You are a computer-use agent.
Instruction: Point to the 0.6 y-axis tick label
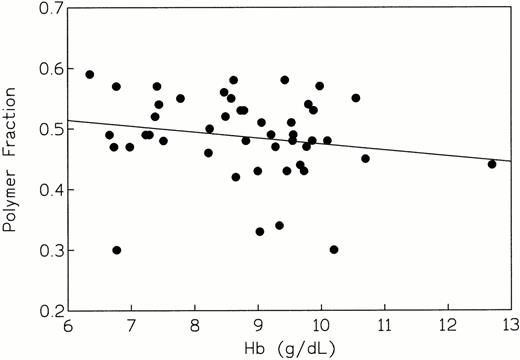[47, 69]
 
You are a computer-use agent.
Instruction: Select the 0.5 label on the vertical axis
[47, 129]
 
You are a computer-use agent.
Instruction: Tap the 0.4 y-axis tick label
[47, 190]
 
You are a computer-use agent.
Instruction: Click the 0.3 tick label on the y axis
[47, 250]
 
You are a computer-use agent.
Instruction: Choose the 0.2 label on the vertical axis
[47, 310]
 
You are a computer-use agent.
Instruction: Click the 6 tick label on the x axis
[68, 326]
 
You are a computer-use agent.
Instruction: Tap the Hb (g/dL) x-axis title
[290, 349]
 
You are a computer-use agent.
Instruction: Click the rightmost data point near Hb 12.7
[492, 164]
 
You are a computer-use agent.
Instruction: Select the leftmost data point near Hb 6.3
[90, 74]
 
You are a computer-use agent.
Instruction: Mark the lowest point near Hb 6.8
[117, 250]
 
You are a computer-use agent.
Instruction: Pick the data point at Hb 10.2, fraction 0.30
[334, 249]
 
